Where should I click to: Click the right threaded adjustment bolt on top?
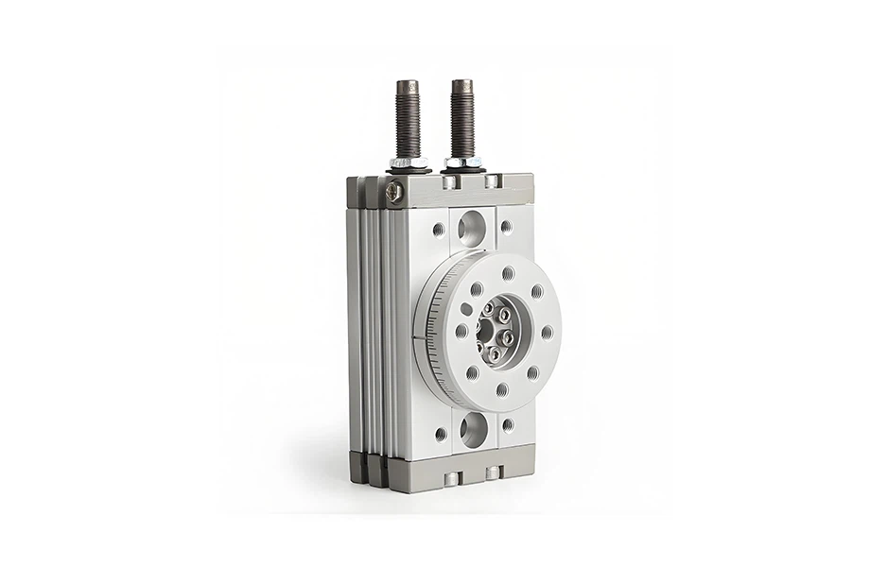click(x=462, y=115)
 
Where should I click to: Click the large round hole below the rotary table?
click(x=472, y=430)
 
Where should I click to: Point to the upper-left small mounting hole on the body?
click(x=438, y=229)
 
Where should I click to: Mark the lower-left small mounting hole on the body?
click(x=440, y=434)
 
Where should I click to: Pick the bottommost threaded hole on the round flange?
click(x=501, y=388)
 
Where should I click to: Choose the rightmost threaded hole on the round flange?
click(x=547, y=332)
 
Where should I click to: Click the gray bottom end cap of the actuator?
click(x=444, y=471)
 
